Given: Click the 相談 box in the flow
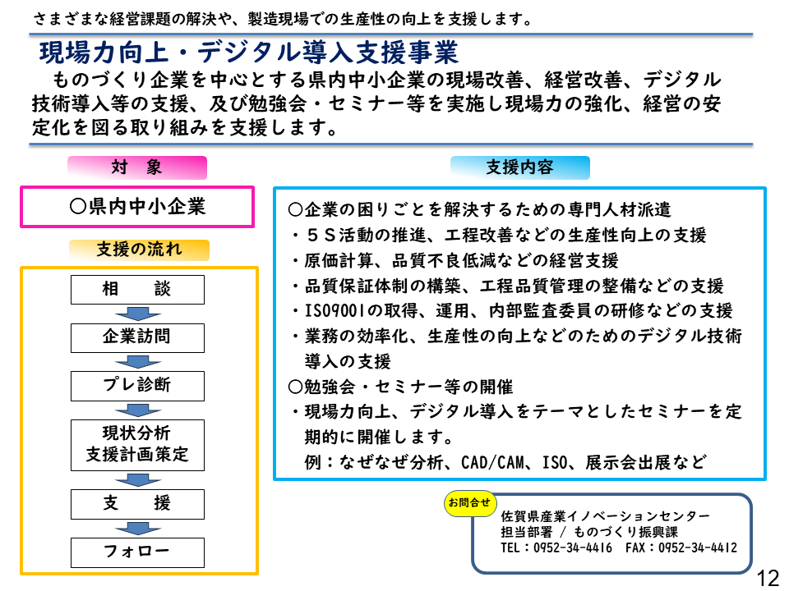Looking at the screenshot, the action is coord(137,290).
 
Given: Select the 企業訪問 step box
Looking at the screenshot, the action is coord(137,337).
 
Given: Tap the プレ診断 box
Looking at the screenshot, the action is coord(137,386).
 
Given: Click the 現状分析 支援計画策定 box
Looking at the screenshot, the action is coord(137,445).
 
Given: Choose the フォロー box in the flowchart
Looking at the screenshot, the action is coord(137,552).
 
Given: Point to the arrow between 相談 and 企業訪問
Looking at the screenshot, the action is coord(138,314).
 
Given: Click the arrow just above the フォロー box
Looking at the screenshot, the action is coord(138,529).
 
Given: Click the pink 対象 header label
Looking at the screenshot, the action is coord(137,167).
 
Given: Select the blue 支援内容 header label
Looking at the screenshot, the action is coord(519,167).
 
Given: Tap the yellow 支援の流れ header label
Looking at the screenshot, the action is coord(139,250).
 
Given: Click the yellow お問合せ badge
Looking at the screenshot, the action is coord(470,503).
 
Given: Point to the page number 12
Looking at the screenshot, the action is coord(768,578).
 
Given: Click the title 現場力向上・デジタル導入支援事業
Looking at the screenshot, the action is coord(248,53).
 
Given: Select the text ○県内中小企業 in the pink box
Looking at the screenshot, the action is coord(137,207).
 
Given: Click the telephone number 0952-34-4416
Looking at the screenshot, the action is coord(573,547).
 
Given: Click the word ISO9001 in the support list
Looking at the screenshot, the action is coord(335,311).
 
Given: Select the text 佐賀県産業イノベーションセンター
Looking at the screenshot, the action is coord(606,516).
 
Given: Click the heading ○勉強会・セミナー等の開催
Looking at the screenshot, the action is coord(400,387).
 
